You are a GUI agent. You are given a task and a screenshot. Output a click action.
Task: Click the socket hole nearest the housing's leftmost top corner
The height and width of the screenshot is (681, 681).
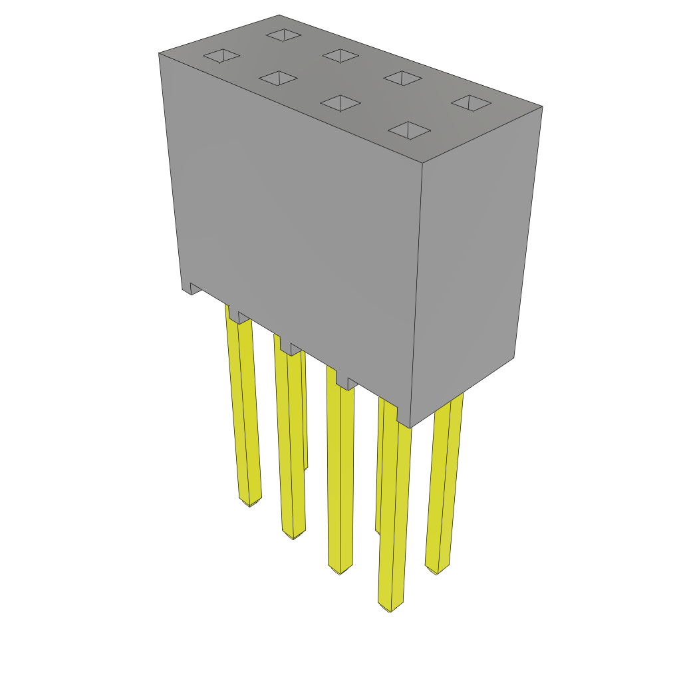[221, 56]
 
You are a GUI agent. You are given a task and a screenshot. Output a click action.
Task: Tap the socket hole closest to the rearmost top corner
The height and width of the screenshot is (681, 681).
[283, 35]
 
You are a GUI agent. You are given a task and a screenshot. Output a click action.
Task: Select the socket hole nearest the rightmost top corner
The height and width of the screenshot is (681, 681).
[471, 102]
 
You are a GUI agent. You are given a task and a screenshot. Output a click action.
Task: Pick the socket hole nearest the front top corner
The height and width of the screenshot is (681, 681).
[409, 130]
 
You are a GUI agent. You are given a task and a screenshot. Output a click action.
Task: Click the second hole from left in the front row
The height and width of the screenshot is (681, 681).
[278, 78]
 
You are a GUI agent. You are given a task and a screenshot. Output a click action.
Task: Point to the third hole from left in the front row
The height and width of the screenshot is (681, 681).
[340, 102]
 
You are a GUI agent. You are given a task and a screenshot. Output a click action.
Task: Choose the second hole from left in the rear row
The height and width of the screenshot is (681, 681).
[340, 56]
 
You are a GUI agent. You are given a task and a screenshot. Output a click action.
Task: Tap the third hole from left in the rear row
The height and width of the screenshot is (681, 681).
[402, 78]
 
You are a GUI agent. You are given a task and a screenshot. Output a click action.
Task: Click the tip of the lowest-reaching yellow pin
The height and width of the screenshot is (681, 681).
[390, 607]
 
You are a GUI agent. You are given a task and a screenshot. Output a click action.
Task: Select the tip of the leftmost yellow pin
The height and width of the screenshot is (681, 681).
[250, 501]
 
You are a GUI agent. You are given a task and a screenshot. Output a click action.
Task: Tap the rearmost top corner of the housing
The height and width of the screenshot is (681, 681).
[279, 15]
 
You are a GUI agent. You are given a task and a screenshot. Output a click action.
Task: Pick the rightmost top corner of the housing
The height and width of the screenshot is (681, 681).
[542, 106]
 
